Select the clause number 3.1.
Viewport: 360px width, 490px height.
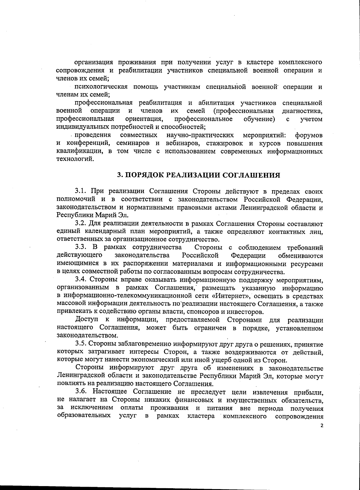pos(81,191)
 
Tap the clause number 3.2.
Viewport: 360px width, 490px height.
pos(81,224)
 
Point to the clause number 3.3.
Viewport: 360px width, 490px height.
pos(81,248)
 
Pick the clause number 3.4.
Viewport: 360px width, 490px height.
pos(81,280)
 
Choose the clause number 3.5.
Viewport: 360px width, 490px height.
pos(81,344)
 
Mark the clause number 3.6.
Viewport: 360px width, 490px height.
pos(81,392)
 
